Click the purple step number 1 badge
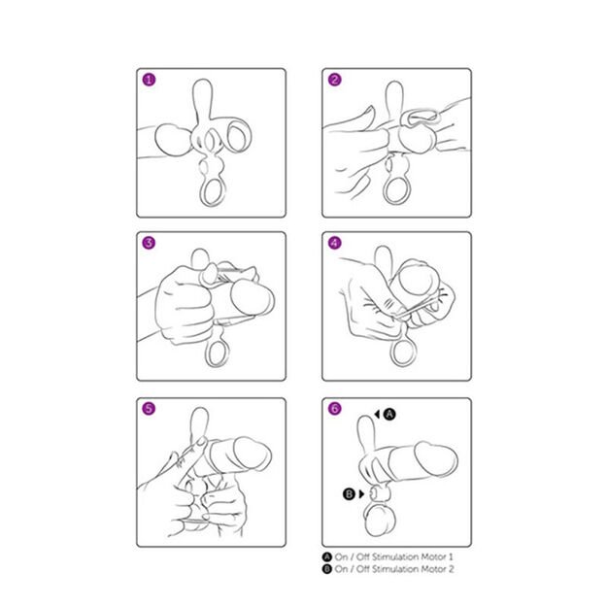pos(149,80)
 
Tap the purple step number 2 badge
pos(334,80)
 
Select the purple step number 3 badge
pos(149,243)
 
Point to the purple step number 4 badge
pos(334,243)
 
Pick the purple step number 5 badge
pos(149,409)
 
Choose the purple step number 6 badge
pos(334,409)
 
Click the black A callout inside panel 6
pos(389,414)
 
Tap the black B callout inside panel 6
pos(350,494)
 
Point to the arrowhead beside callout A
pos(377,414)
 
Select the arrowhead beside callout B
pos(361,494)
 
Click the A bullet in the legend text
pos(327,557)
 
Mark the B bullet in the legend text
pos(327,569)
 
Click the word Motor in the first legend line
pos(433,557)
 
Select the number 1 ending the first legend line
pos(451,557)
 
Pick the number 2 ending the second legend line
pos(451,569)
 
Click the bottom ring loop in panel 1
pos(201,192)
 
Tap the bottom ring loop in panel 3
pos(207,354)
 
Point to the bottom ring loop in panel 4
pos(392,353)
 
